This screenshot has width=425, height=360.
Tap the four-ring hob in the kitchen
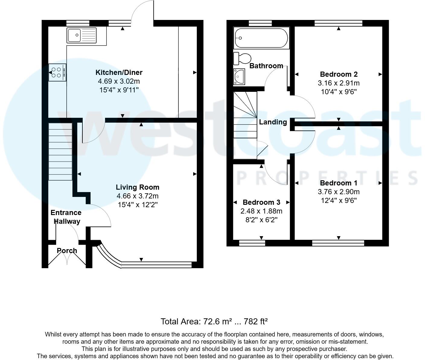coord(57,72)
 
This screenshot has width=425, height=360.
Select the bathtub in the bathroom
coord(261,38)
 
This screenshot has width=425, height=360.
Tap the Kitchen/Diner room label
coord(119,72)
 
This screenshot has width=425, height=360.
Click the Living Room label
coord(138,187)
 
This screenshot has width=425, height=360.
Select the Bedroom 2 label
coord(339,74)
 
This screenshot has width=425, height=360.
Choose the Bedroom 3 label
coord(261,202)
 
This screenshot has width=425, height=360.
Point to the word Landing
coord(273,122)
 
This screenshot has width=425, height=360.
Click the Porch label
coord(67,251)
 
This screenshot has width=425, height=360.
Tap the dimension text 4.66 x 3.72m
coord(138,196)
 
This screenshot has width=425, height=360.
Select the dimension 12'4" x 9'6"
coord(339,200)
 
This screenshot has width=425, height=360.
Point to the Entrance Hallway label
coord(66,217)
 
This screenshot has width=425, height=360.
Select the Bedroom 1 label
coord(339,183)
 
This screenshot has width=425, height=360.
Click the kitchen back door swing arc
coord(142,12)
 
